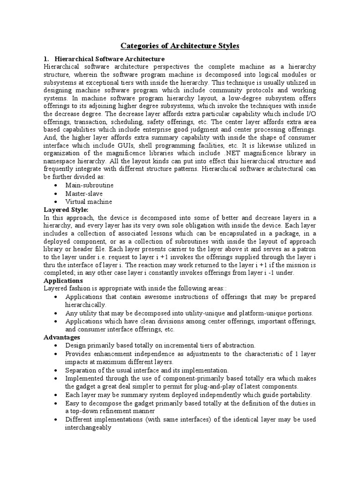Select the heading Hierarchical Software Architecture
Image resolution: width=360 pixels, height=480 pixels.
[x=110, y=59]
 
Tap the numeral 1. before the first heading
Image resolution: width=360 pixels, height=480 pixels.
[x=46, y=59]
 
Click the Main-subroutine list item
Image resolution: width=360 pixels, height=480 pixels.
[x=90, y=185]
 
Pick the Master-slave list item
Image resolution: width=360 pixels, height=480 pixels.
[x=84, y=193]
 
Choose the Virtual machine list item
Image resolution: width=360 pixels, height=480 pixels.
[x=89, y=202]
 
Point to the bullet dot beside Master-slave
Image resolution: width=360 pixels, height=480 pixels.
[x=56, y=194]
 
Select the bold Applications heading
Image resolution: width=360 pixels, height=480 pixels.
[x=63, y=280]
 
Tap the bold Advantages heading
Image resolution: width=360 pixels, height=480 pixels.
[x=62, y=337]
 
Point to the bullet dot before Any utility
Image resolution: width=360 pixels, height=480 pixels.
[x=56, y=313]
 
